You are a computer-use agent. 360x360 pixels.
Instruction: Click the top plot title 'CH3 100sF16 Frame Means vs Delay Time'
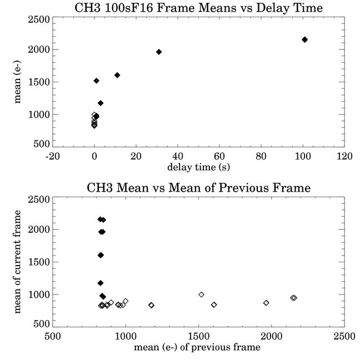(x=198, y=8)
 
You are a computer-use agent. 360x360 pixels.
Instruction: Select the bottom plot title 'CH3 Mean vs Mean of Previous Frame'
(x=198, y=188)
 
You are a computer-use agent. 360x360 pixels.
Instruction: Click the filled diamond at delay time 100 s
(x=304, y=39)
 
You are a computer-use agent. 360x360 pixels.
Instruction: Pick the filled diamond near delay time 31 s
(x=159, y=52)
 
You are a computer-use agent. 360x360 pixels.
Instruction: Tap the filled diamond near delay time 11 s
(x=117, y=75)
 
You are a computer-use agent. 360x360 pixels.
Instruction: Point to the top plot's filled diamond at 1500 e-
(x=97, y=81)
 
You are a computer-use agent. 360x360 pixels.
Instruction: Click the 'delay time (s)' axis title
(x=198, y=167)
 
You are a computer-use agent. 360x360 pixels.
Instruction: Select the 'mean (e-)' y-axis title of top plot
(x=17, y=82)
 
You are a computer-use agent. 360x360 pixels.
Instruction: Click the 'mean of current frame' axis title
(x=17, y=262)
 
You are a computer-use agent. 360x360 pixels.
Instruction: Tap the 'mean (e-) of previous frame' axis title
(x=197, y=347)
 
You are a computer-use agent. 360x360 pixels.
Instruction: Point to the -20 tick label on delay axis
(x=53, y=156)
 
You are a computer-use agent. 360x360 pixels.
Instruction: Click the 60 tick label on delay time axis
(x=219, y=156)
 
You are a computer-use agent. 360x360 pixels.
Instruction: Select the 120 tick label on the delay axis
(x=344, y=156)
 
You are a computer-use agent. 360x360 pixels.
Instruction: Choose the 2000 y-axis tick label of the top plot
(x=39, y=49)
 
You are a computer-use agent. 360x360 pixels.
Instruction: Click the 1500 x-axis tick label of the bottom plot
(x=198, y=336)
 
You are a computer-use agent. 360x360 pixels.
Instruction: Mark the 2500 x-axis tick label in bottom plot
(x=344, y=336)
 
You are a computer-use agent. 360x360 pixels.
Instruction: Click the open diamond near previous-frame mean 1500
(x=201, y=294)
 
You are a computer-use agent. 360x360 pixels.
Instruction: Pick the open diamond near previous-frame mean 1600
(x=214, y=305)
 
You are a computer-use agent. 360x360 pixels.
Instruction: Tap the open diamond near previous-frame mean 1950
(x=266, y=303)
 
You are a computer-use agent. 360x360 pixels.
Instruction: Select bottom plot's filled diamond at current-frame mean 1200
(x=101, y=283)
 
